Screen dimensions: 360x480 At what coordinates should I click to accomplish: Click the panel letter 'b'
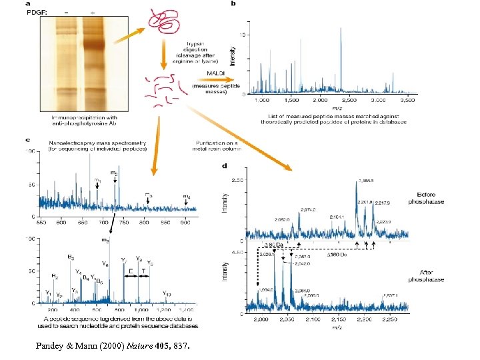233,4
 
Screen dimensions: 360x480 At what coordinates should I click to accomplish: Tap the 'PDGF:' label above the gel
36,12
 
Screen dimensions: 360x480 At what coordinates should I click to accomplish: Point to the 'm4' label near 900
187,196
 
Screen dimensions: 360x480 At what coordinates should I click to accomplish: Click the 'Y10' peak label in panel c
167,293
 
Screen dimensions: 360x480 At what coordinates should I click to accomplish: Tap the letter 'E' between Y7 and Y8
131,271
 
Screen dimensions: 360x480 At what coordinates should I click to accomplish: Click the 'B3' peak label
71,256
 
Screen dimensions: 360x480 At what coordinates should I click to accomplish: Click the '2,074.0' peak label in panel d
308,210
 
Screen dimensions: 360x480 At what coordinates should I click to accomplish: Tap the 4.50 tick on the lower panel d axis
237,251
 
